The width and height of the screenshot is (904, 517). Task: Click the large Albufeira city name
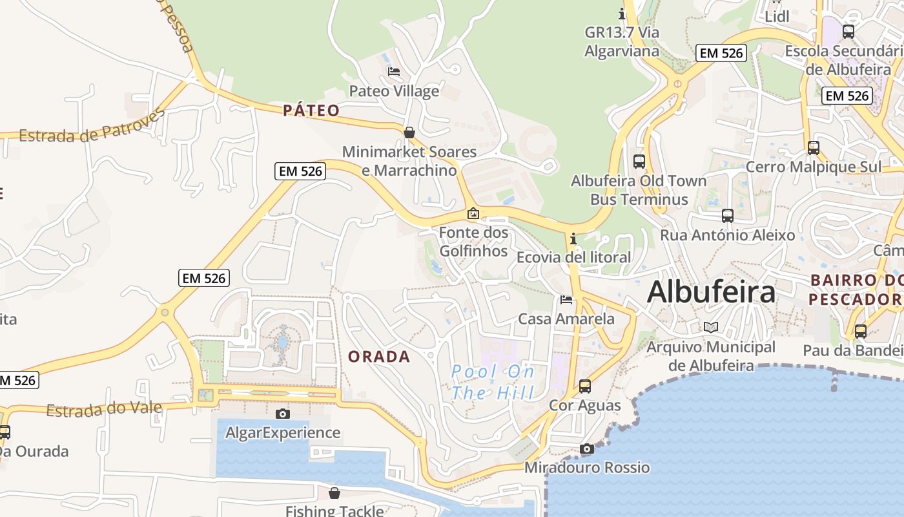click(711, 291)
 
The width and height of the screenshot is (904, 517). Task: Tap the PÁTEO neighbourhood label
click(311, 111)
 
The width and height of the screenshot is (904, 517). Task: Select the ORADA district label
click(379, 356)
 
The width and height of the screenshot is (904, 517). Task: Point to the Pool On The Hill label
click(493, 382)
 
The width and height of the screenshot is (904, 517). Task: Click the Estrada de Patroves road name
click(91, 127)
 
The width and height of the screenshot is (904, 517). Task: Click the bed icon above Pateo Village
click(394, 71)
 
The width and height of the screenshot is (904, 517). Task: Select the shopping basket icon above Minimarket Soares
click(409, 132)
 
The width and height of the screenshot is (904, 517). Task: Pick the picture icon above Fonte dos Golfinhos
click(473, 213)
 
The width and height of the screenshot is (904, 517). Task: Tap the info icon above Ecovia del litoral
click(573, 238)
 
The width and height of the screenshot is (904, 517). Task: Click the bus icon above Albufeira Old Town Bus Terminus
click(639, 161)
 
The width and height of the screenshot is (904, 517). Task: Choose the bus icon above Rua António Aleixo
click(727, 215)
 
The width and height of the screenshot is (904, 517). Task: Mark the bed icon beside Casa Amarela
click(566, 299)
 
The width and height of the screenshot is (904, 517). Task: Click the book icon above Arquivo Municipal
click(710, 328)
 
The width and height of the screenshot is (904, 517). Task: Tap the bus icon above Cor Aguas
click(584, 386)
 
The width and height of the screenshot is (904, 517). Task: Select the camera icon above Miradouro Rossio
click(586, 448)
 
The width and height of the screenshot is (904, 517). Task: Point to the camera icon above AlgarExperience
click(282, 414)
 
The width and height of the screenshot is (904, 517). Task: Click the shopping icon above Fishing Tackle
click(334, 493)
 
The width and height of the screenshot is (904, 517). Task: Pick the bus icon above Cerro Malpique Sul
click(813, 147)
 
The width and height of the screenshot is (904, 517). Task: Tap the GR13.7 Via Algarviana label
click(621, 41)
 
